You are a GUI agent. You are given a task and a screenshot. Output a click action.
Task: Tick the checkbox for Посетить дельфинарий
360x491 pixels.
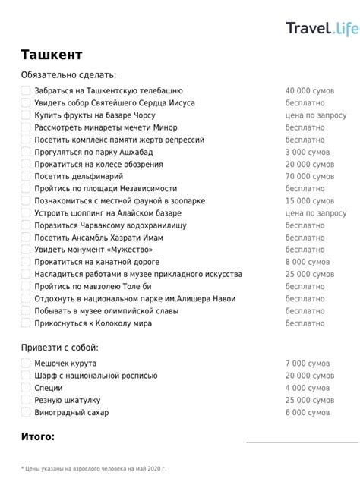[26, 176]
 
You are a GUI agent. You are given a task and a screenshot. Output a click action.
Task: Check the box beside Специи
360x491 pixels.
[26, 388]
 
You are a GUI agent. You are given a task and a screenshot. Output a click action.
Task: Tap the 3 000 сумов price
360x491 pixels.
[308, 152]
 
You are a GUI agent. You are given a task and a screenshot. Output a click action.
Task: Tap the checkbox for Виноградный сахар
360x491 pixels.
[26, 412]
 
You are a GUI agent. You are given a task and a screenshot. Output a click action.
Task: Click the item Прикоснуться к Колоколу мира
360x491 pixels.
[93, 323]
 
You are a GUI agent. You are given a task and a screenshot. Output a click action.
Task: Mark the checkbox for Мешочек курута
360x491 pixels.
[26, 364]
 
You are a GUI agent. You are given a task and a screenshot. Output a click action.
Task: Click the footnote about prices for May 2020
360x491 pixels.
[93, 468]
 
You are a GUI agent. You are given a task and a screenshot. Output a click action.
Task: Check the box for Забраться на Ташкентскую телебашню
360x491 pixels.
[26, 91]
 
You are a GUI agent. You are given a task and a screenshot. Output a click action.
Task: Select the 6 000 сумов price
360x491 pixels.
[308, 412]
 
